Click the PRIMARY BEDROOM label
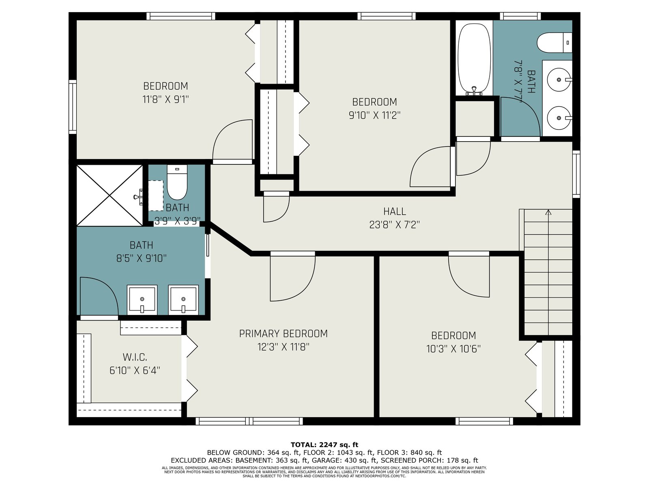coord(283,334)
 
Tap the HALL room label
coord(394,211)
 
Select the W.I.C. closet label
coord(135,357)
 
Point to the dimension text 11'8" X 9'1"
coord(165,99)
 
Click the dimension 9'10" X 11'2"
coord(375,115)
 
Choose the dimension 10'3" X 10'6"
coord(453,349)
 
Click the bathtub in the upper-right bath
coord(474,59)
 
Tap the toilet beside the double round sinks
coord(554,43)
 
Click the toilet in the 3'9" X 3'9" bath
coord(177,183)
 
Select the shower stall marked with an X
coord(110,196)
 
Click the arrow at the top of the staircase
coord(548,212)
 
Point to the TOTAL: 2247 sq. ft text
coord(324,445)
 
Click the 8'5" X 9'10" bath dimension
coord(141,259)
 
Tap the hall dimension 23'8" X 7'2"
coord(394,225)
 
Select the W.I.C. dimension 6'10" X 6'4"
coord(135,370)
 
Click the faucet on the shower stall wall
coord(138,197)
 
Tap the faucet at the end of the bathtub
coord(474,91)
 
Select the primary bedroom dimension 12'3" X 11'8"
coord(283,347)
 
